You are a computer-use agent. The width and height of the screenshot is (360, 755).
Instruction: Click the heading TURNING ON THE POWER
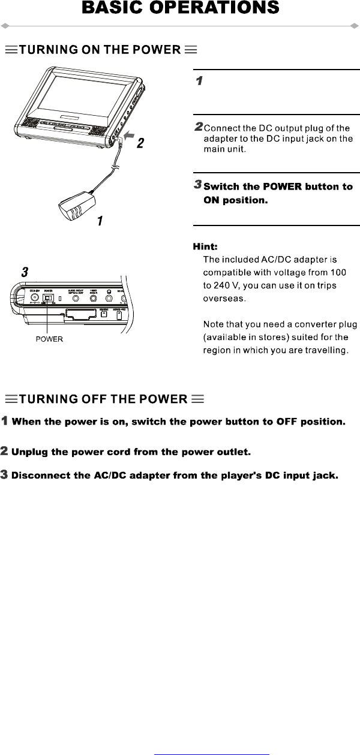101,50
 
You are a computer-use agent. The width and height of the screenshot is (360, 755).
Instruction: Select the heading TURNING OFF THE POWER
104,399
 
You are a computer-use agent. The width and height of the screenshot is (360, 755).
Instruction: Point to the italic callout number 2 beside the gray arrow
140,144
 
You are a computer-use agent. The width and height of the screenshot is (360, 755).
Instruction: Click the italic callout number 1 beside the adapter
100,221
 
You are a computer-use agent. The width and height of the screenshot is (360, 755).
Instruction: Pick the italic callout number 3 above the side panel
25,272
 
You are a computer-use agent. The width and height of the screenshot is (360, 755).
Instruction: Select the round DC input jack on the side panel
34,297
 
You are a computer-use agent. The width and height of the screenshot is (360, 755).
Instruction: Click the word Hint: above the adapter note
205,246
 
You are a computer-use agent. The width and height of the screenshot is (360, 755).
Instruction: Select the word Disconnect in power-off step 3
41,476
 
